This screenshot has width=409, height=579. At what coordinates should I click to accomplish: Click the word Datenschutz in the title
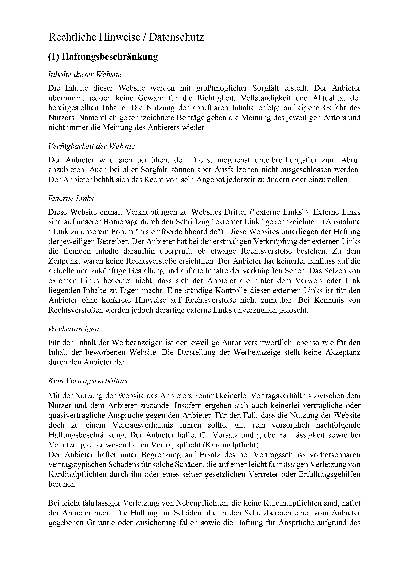(x=176, y=37)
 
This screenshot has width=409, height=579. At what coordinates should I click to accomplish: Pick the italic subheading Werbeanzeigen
(x=73, y=329)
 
